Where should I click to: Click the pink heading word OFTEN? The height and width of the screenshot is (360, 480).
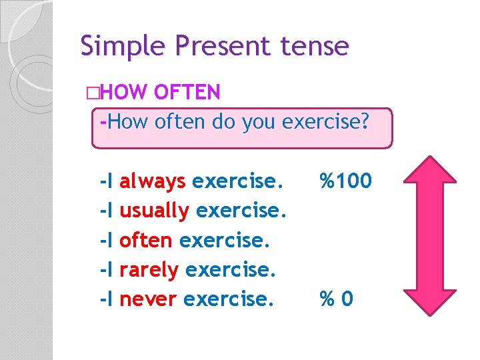[187, 92]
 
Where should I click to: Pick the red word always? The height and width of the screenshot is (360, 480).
[153, 181]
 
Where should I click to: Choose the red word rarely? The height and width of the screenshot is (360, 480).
[149, 270]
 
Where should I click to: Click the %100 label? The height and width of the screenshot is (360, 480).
[345, 181]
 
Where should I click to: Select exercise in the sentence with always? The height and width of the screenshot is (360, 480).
[237, 181]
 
